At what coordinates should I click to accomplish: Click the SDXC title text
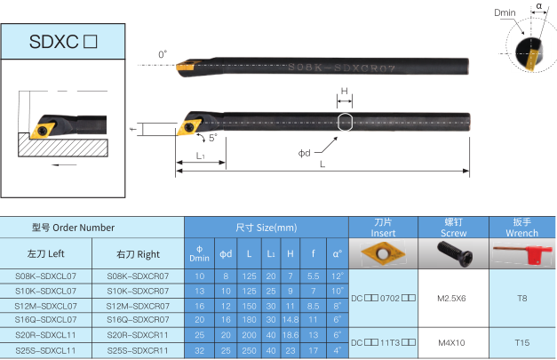63,42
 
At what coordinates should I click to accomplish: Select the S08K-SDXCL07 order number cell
46,276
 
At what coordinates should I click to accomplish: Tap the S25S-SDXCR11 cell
138,351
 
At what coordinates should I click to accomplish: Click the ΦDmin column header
199,253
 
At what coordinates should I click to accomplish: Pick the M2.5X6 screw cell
451,298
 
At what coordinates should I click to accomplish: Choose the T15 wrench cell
521,342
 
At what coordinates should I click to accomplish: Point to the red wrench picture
521,253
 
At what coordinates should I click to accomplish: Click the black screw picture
455,253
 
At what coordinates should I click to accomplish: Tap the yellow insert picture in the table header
383,253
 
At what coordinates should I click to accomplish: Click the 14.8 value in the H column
290,320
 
